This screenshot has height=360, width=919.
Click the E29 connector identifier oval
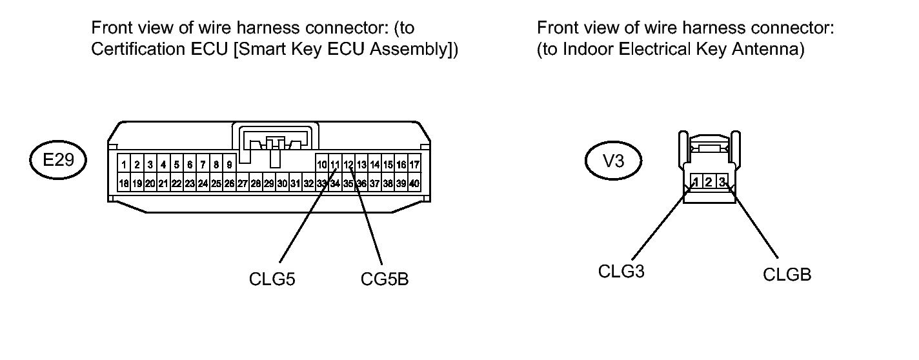coord(58,159)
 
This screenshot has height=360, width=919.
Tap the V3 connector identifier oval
coord(613,161)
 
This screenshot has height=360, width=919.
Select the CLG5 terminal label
coord(272,279)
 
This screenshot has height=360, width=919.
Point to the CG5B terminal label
coord(385,279)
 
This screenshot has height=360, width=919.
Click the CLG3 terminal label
coord(621,272)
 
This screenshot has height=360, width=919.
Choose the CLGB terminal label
coord(787,275)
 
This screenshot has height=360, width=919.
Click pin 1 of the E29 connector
coord(124,165)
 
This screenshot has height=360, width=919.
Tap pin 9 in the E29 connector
coord(229,165)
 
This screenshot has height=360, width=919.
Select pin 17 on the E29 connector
coord(414,165)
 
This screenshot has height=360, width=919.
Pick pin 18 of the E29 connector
coord(124,183)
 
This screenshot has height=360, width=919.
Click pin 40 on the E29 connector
coord(414,183)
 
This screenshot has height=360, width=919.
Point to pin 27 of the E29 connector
coord(243,183)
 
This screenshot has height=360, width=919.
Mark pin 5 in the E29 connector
coord(176,165)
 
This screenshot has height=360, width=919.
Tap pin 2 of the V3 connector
coord(709,182)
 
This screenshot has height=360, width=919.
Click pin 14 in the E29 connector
coord(375,165)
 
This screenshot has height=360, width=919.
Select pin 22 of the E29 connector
coord(176,183)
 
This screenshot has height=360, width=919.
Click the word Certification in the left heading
coord(138,49)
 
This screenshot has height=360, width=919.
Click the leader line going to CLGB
coord(752,221)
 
